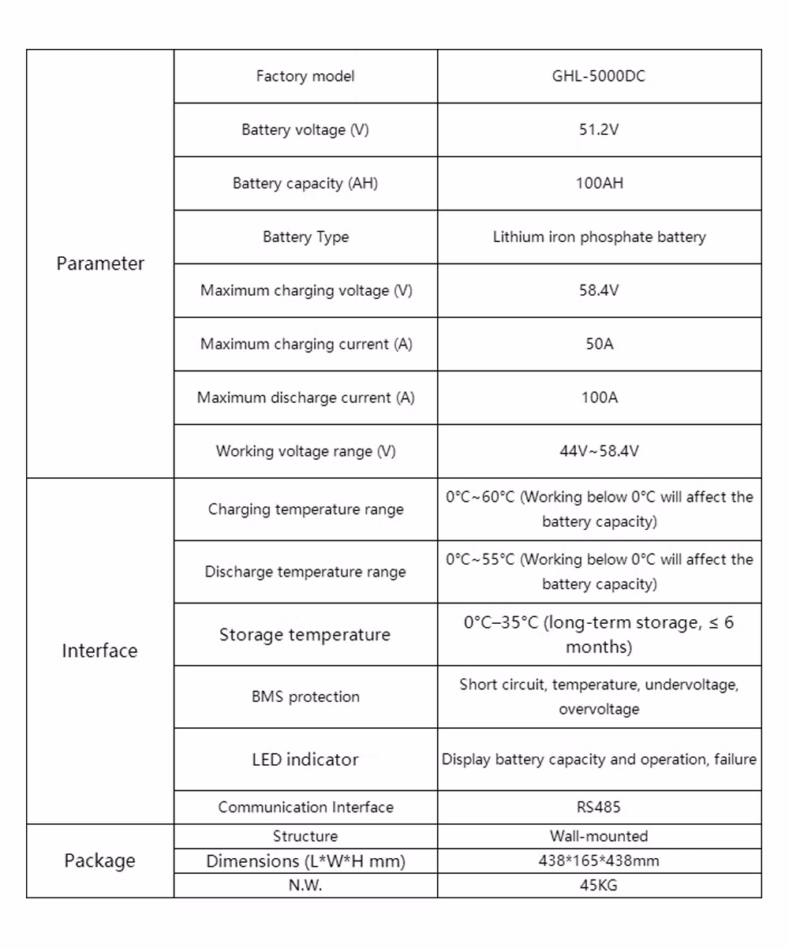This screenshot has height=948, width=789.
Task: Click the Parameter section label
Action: [x=100, y=263]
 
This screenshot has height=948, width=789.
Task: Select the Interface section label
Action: [x=99, y=651]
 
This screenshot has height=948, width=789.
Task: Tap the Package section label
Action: [x=99, y=860]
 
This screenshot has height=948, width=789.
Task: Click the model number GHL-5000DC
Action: [x=599, y=77]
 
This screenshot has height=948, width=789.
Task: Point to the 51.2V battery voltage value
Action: [x=599, y=130]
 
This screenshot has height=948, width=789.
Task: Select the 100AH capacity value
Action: [x=599, y=184]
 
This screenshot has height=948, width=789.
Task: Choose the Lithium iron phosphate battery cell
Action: [x=599, y=237]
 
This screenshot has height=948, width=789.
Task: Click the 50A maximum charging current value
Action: [x=599, y=344]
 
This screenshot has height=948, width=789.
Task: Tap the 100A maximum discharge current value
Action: [x=599, y=397]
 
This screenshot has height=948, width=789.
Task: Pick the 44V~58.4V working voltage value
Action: [x=599, y=451]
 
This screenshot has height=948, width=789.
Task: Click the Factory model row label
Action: [x=305, y=77]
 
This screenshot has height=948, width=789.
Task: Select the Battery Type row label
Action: [x=305, y=237]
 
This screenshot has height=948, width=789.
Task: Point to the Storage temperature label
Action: [x=305, y=635]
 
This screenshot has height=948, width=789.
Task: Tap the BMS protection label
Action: [x=305, y=697]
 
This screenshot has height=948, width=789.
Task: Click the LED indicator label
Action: [x=305, y=760]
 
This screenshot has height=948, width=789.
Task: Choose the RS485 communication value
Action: [x=599, y=807]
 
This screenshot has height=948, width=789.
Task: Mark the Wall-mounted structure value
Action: [x=599, y=836]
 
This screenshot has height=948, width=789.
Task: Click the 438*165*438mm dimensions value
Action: [x=599, y=860]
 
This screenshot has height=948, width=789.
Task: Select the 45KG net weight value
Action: [x=599, y=885]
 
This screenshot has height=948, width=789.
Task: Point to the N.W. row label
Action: [x=305, y=885]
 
